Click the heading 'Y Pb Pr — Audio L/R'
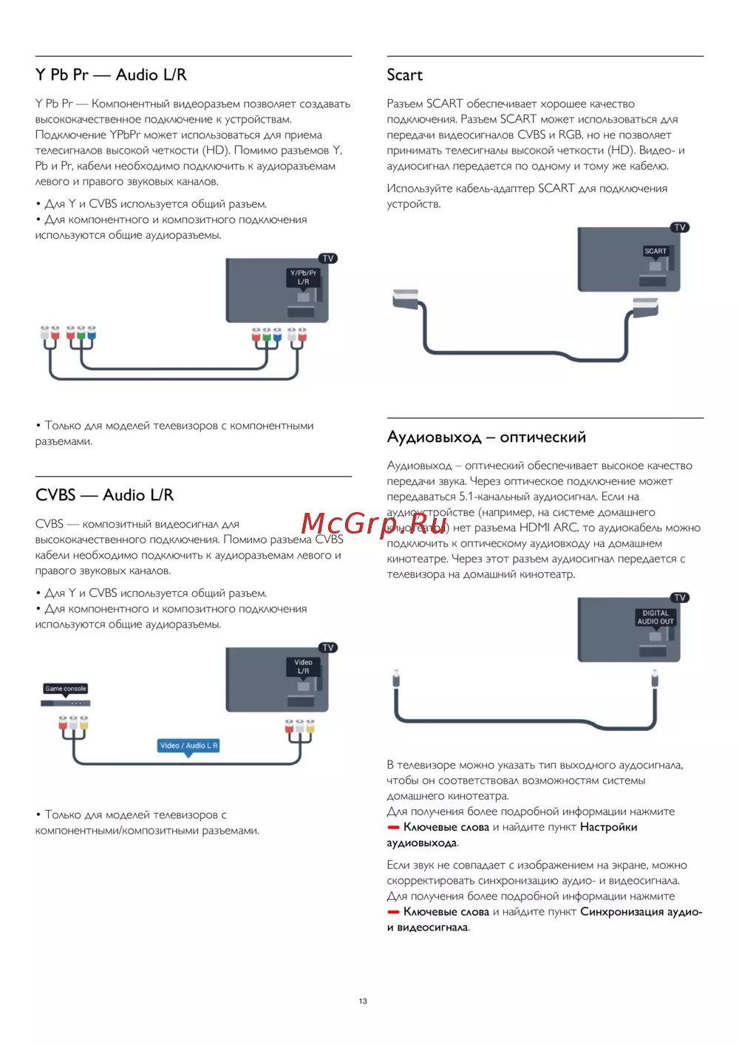[x=111, y=75]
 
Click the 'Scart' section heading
[x=404, y=75]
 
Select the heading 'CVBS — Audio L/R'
[x=104, y=495]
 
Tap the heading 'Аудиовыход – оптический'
[x=486, y=437]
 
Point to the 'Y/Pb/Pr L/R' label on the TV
[x=303, y=277]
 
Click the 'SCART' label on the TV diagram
[x=655, y=251]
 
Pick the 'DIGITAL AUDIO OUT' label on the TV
[x=655, y=617]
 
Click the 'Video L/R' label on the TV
[x=303, y=667]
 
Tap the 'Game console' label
[x=66, y=688]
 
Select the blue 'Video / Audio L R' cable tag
[x=188, y=746]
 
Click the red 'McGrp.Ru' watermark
[x=374, y=523]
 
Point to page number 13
[x=363, y=1001]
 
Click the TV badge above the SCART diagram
[x=680, y=228]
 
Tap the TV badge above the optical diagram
[x=680, y=597]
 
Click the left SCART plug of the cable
[x=406, y=296]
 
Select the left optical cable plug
[x=397, y=678]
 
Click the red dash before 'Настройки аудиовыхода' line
[x=393, y=828]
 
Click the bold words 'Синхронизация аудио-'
[x=641, y=912]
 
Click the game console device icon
[x=65, y=703]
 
